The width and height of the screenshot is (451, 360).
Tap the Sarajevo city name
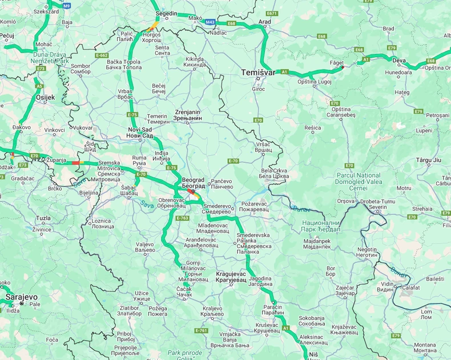(x=21, y=298)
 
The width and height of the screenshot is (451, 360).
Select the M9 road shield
(x=67, y=5)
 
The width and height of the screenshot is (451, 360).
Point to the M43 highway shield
(x=211, y=22)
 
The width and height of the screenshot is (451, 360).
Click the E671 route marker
(x=271, y=13)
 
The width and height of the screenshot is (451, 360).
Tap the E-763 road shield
(x=183, y=218)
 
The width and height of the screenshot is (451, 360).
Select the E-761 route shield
(x=201, y=330)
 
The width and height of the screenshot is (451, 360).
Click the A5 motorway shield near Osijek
(x=39, y=86)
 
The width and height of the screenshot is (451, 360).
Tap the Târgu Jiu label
(x=429, y=160)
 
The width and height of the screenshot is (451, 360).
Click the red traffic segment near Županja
(x=75, y=163)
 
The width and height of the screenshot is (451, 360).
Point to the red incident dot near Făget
(x=343, y=67)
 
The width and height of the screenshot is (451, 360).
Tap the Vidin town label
(x=388, y=287)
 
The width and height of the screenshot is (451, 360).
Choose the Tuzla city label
(x=43, y=218)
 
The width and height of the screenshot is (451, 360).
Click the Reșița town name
(x=313, y=128)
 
